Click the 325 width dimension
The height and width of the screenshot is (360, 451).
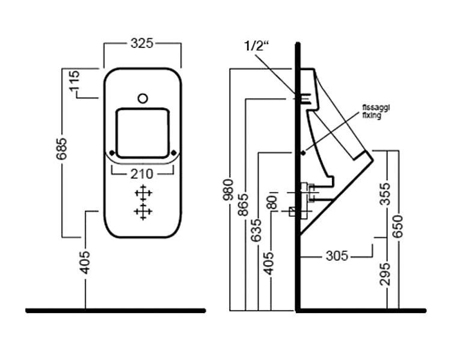click(142, 43)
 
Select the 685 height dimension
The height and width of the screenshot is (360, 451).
click(61, 149)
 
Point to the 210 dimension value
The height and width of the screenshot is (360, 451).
click(142, 174)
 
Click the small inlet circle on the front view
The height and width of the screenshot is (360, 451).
click(143, 99)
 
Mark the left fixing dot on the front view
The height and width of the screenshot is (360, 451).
click(112, 153)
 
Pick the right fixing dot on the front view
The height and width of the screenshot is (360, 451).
click(174, 153)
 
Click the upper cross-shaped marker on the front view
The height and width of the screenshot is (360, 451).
click(143, 194)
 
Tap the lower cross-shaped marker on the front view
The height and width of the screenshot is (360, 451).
click(143, 212)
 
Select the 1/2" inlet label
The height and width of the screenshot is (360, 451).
click(256, 46)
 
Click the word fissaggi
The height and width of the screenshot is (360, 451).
click(376, 108)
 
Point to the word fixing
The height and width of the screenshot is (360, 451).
click(372, 115)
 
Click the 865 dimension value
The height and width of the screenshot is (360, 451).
click(243, 205)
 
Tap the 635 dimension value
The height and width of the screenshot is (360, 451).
click(256, 230)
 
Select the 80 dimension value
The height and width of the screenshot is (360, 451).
click(272, 202)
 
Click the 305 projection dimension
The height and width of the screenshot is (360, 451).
click(337, 255)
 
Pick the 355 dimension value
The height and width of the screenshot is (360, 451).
click(385, 194)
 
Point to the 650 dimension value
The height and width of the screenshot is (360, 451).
click(398, 227)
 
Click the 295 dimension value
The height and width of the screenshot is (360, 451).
click(385, 274)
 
